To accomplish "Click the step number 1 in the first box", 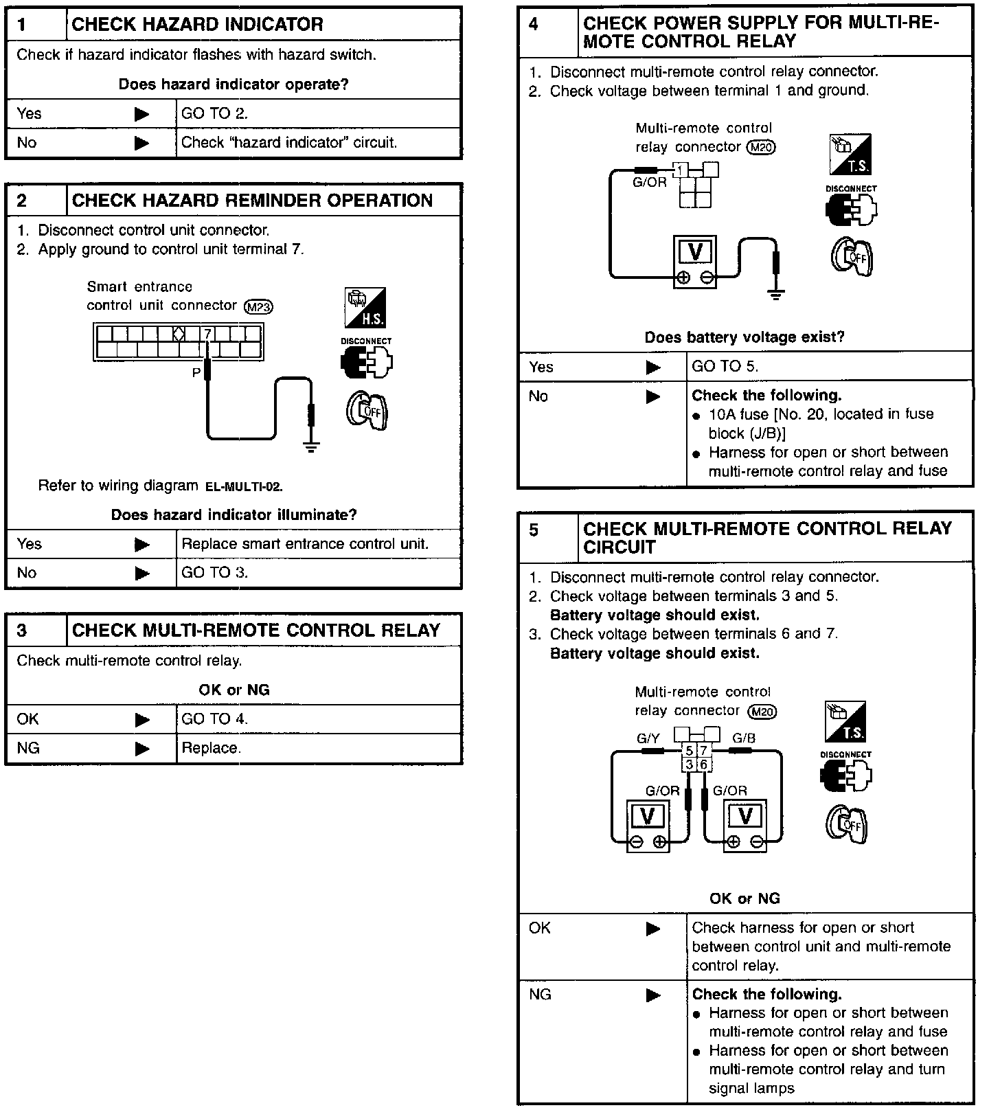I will point(22,25).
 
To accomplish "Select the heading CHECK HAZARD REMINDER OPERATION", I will point(252,201).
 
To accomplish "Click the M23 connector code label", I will point(258,306).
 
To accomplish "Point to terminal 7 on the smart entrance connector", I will point(207,334).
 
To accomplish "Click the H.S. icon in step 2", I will point(365,307).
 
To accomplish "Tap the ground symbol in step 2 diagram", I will point(311,448).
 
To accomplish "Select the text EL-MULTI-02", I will point(244,487).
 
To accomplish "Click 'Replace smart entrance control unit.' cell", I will point(305,544).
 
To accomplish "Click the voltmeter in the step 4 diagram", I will point(694,262).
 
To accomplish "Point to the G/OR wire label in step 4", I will point(649,183).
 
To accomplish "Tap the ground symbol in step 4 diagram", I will point(776,295).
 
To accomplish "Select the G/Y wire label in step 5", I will point(648,739).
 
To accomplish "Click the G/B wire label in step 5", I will point(744,739).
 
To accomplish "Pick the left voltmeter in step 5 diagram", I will point(648,825).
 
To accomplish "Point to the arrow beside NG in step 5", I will point(653,995).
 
